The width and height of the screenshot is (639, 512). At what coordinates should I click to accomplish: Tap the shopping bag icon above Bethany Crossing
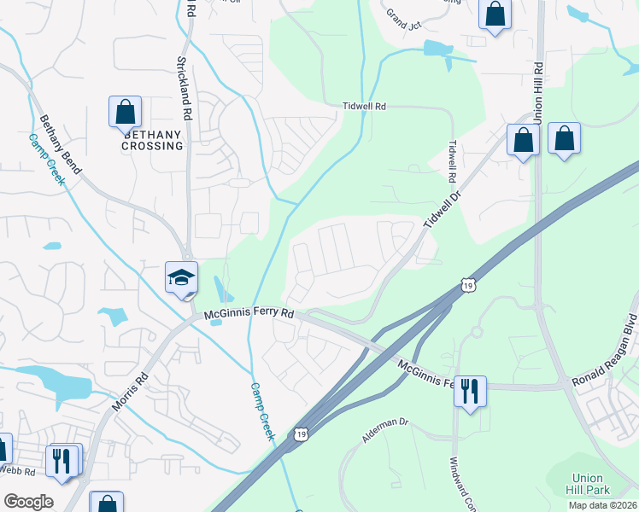click(125, 112)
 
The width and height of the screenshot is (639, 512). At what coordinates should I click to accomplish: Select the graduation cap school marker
click(182, 277)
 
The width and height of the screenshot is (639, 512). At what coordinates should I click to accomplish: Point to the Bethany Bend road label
click(60, 145)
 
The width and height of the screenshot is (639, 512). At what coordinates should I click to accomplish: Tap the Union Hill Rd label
click(537, 90)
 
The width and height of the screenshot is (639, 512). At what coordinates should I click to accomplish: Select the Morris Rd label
click(130, 389)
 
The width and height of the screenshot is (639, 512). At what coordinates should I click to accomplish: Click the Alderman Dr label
click(387, 428)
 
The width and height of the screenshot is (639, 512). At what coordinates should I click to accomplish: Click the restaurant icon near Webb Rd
click(62, 460)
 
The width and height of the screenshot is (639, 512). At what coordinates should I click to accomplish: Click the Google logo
click(28, 502)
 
